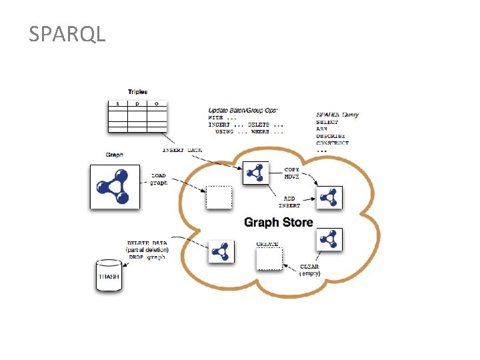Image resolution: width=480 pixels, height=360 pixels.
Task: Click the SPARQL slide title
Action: click(67, 34)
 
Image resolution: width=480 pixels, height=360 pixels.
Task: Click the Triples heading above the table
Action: click(137, 92)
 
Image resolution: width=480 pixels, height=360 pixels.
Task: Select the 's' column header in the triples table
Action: click(118, 104)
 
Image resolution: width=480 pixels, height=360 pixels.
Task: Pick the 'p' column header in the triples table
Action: click(137, 104)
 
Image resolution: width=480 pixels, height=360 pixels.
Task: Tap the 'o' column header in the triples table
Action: click(157, 104)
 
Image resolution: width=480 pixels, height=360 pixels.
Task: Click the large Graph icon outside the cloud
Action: click(115, 187)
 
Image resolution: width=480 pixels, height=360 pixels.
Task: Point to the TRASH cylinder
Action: click(109, 275)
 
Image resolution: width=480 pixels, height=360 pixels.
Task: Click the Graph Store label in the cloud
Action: click(278, 222)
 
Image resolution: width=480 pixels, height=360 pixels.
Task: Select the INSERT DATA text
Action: click(182, 150)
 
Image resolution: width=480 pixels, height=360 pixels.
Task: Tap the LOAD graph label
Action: click(159, 179)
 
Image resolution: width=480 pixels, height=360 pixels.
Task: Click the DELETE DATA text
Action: click(147, 243)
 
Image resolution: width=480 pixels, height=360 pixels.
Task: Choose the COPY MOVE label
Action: click(291, 173)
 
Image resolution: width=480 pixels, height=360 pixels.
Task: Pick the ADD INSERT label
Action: click(289, 202)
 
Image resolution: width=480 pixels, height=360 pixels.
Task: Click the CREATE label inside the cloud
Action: click(267, 244)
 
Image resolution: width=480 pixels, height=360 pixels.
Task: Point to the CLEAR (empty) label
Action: click(309, 270)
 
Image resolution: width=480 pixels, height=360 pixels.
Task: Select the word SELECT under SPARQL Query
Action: click(327, 122)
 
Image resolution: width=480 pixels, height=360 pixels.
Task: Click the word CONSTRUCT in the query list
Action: click(332, 143)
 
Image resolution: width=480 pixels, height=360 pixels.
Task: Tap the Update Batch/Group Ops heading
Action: click(243, 110)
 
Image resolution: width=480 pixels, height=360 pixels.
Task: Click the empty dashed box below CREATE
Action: click(269, 259)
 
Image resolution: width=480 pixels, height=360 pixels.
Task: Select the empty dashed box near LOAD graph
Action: click(219, 198)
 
